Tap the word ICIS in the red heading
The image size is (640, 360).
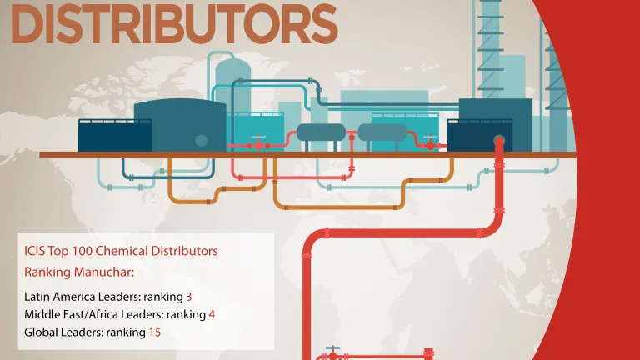tap(37, 250)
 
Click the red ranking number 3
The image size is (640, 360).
tap(189, 296)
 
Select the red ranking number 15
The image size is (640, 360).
tap(155, 332)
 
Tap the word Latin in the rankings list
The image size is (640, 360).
tap(38, 296)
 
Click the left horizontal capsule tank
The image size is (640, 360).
tap(321, 132)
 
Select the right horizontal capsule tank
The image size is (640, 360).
tap(382, 132)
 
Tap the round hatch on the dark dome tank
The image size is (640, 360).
tap(201, 140)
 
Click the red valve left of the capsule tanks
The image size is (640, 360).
tap(258, 143)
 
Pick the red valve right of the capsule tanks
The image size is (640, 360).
tap(430, 143)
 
